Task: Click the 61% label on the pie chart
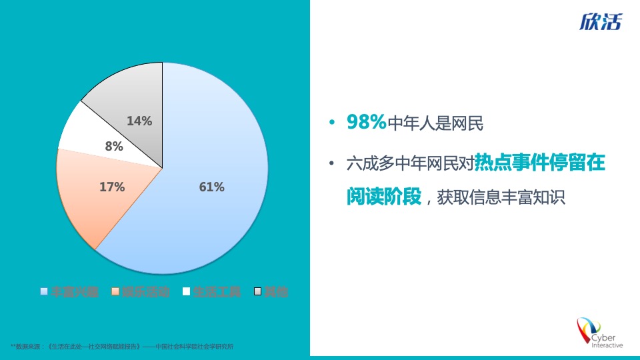[211, 187]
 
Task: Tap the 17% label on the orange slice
[112, 187]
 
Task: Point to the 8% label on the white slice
[114, 147]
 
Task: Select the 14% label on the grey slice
[139, 121]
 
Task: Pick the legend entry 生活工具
[217, 291]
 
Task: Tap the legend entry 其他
[276, 291]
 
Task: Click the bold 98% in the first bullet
[366, 123]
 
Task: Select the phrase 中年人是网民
[435, 123]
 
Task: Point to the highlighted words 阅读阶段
[384, 197]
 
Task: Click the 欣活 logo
[600, 23]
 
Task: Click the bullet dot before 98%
[332, 123]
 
